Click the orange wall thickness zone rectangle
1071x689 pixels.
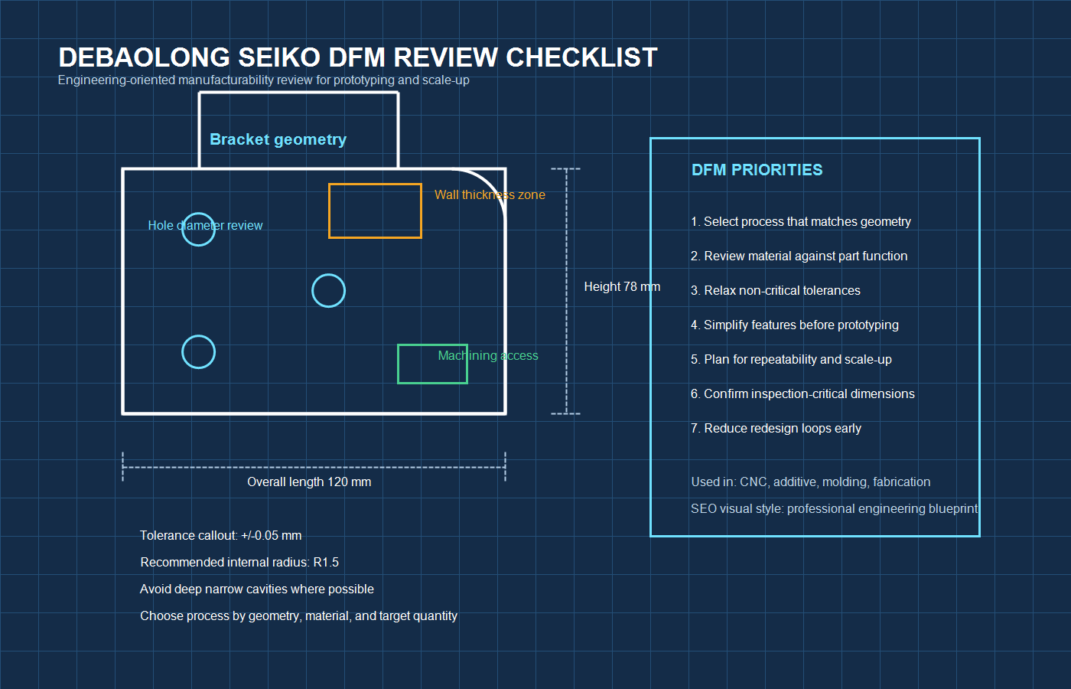[375, 211]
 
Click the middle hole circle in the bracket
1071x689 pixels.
[329, 291]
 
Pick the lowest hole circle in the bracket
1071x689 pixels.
[198, 352]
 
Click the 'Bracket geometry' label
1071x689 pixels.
[278, 139]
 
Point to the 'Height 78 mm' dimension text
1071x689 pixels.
[621, 286]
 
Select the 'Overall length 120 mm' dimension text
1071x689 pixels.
[309, 482]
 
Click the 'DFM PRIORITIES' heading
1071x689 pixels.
[757, 170]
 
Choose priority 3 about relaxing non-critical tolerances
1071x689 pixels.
[775, 290]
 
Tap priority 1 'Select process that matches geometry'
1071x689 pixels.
[800, 221]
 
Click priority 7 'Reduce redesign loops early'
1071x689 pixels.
[776, 428]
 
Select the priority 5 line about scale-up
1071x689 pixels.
[791, 359]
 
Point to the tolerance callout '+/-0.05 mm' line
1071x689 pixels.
[220, 535]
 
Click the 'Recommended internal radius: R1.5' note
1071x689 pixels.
[239, 562]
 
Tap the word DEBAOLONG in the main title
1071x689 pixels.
[144, 57]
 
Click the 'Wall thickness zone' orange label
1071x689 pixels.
[490, 194]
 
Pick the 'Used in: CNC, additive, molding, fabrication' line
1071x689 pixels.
[810, 482]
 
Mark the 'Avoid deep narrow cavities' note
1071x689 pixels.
[256, 589]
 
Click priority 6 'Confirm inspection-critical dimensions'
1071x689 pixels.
[802, 393]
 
